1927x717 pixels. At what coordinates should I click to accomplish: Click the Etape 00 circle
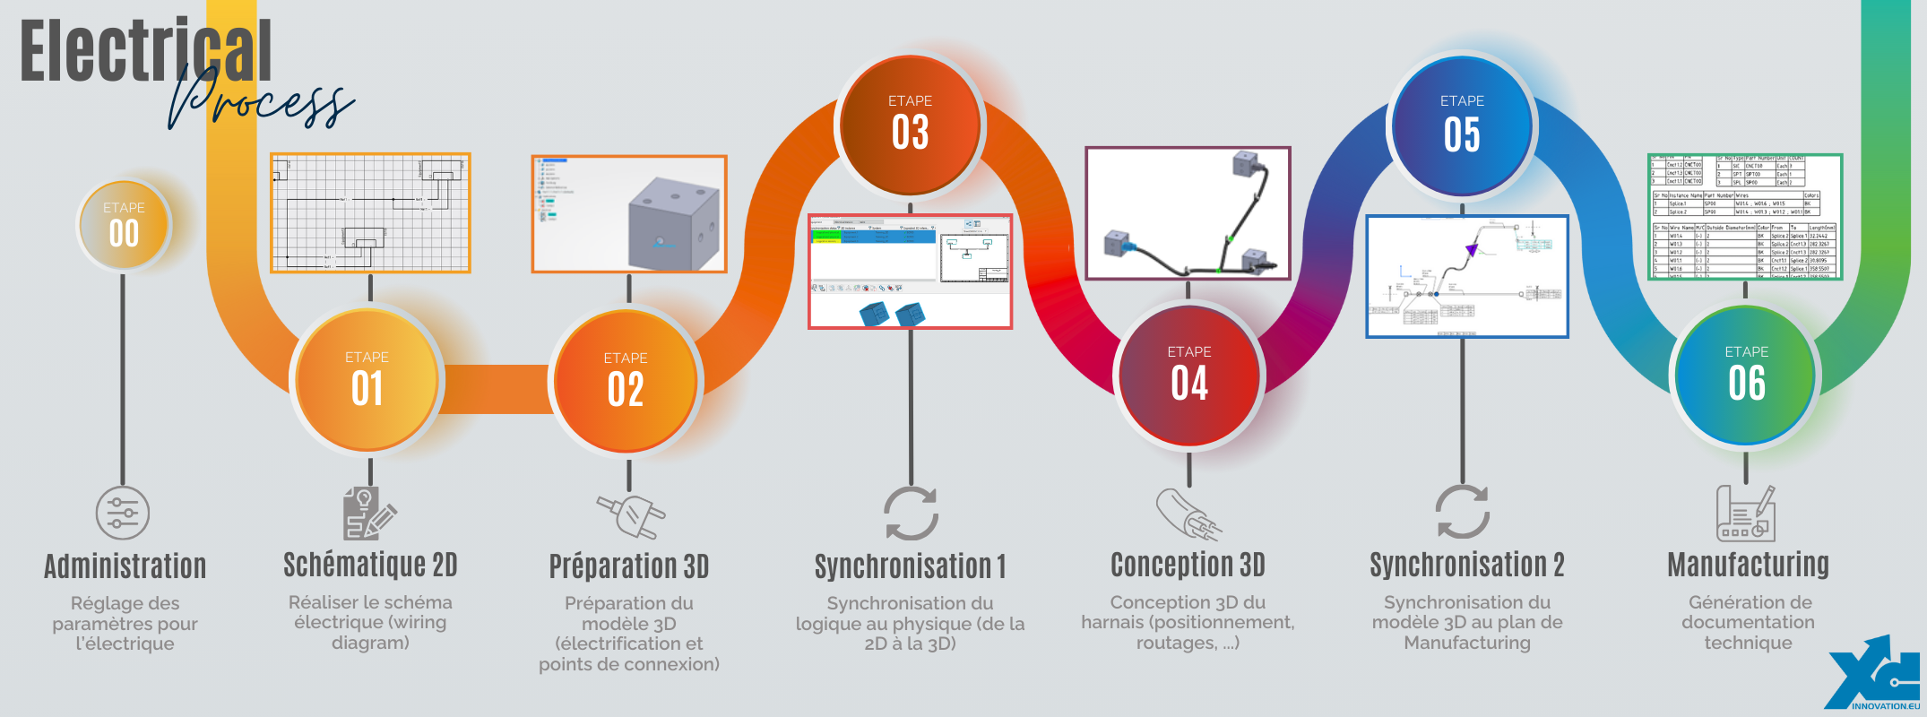coord(124,224)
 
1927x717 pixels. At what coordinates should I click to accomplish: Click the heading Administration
coord(125,566)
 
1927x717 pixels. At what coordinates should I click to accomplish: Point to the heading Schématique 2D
coord(370,565)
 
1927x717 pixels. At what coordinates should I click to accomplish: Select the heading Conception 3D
coord(1188,565)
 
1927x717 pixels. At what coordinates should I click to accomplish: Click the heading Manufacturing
coord(1748,565)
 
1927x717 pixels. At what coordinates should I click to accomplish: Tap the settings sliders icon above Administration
coord(123,513)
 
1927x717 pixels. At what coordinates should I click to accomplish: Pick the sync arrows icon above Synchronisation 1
coord(911,514)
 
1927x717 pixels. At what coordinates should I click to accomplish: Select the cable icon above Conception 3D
coord(1188,514)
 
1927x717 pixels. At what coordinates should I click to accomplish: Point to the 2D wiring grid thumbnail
coord(370,212)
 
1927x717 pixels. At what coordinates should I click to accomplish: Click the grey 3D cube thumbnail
coord(628,213)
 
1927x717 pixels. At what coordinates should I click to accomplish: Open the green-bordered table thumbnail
coord(1744,217)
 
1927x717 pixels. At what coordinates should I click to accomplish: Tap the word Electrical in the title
coord(145,51)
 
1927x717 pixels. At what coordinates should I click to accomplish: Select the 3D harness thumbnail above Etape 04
coord(1188,213)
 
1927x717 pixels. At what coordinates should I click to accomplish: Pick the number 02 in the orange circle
coord(626,389)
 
